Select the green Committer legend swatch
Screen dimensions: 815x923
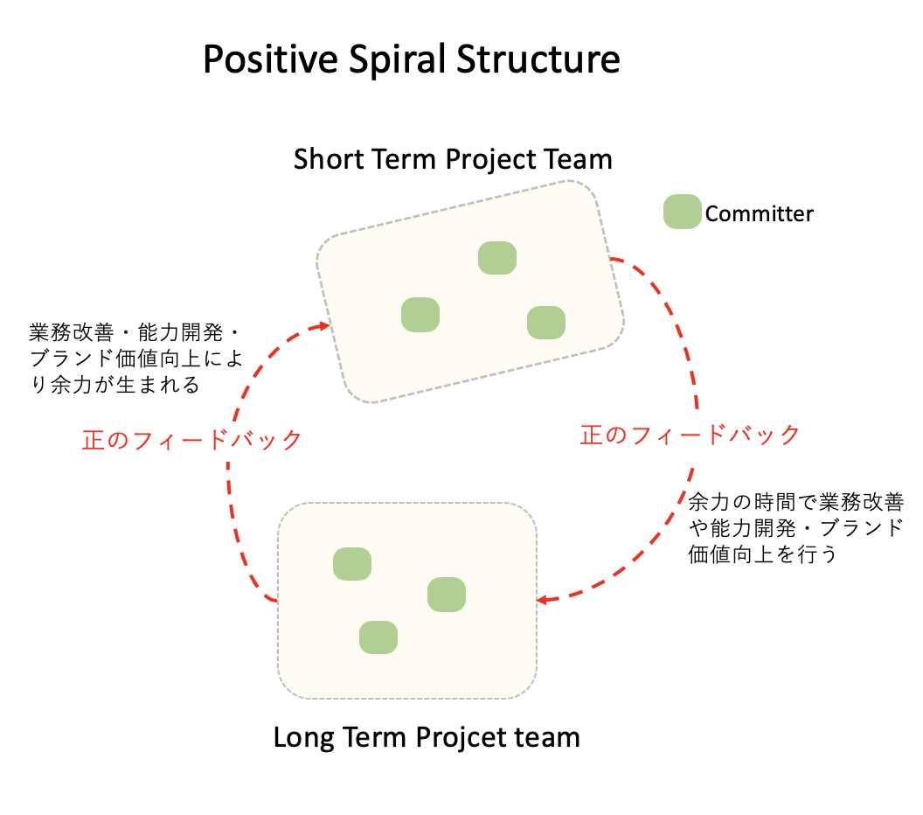click(682, 212)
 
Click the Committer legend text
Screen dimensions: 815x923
click(759, 213)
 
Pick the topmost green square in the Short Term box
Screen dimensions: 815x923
click(497, 258)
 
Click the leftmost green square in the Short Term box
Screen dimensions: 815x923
click(420, 315)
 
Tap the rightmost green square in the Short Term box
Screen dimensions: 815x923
click(546, 323)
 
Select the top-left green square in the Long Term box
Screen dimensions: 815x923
click(353, 564)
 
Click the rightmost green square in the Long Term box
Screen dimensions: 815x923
click(447, 595)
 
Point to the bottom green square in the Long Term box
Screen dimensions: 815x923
click(378, 637)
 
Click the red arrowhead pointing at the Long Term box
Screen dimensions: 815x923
click(542, 600)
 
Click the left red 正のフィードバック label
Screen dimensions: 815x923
click(191, 439)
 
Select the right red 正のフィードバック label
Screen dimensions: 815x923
click(690, 435)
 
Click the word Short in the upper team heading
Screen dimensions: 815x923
click(323, 160)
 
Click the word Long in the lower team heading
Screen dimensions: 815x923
click(302, 737)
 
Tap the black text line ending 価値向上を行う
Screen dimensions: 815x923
click(763, 554)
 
